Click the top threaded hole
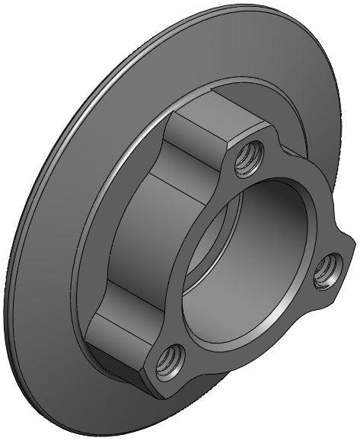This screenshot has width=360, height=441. (x=246, y=160)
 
